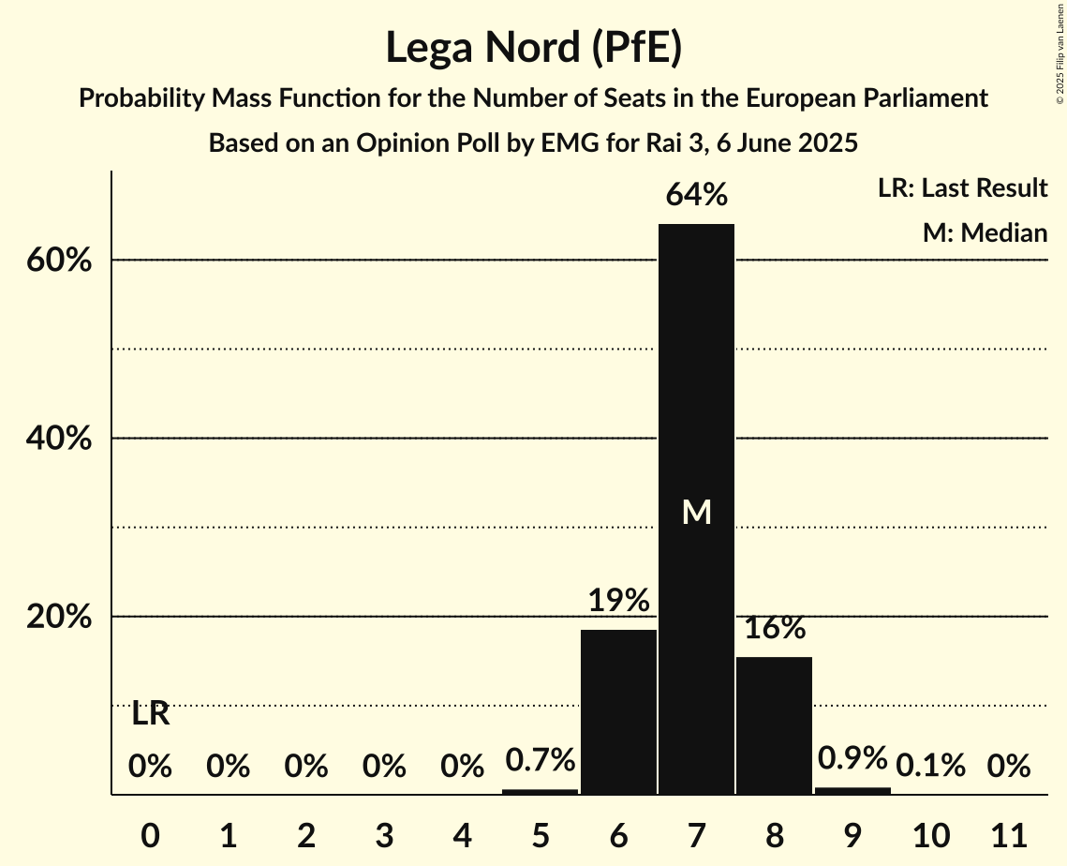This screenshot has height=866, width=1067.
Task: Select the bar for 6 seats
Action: (x=618, y=712)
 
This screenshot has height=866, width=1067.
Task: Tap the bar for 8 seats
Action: (x=774, y=725)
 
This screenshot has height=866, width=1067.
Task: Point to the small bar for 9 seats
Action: (x=852, y=791)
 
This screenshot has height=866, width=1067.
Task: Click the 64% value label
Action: (x=696, y=196)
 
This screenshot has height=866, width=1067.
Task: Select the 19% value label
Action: (x=618, y=601)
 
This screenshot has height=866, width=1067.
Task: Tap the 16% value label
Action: (x=775, y=628)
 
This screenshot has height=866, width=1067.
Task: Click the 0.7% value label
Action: (x=540, y=760)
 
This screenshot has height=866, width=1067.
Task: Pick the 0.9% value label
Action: (x=852, y=757)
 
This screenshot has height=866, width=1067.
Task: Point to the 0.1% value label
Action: (x=930, y=767)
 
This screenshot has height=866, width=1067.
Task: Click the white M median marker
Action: (x=696, y=512)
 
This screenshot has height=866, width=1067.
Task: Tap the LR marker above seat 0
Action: (x=150, y=714)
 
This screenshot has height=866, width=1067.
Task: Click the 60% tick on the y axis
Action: (x=58, y=261)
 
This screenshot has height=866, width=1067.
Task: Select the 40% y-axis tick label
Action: (x=58, y=439)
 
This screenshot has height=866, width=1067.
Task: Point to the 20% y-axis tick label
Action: (x=58, y=617)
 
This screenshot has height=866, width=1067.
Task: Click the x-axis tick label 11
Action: (x=1009, y=834)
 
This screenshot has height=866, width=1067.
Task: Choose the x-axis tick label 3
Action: (x=384, y=834)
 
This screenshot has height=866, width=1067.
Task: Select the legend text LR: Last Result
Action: (x=962, y=188)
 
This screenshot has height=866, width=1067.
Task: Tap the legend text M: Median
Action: (x=985, y=232)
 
